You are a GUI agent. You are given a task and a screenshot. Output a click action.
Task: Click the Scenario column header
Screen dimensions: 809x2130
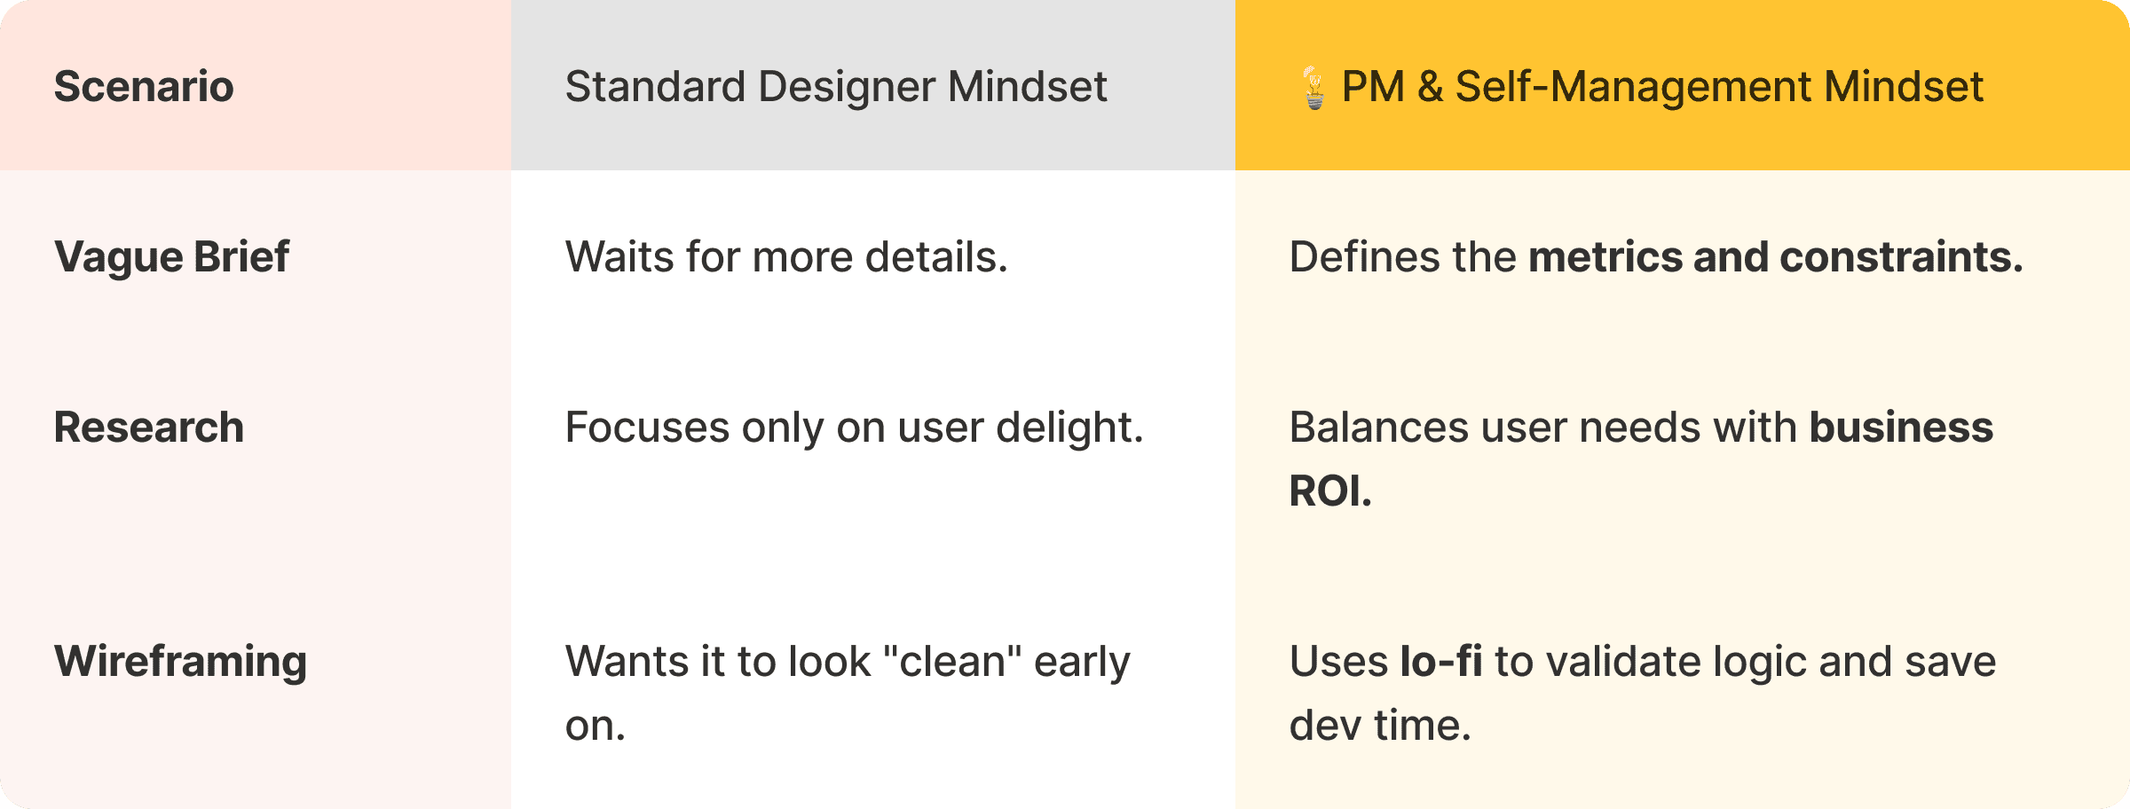pos(144,87)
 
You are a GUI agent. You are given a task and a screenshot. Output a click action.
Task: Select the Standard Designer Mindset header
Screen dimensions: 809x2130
pos(835,87)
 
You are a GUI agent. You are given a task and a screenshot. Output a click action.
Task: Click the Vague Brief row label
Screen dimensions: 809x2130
pos(171,257)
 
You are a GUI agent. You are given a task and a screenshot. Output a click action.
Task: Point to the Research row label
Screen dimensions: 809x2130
pos(148,428)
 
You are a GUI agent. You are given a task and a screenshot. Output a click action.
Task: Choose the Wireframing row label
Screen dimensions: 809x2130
pos(180,662)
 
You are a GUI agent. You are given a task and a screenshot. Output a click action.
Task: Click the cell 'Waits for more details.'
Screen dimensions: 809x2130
pos(786,257)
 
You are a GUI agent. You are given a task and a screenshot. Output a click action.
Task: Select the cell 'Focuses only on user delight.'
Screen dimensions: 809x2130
pos(854,428)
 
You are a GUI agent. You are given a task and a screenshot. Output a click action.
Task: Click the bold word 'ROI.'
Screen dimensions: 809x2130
pos(1329,491)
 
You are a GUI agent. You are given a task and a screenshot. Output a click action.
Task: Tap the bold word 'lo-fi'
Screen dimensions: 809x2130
pos(1440,662)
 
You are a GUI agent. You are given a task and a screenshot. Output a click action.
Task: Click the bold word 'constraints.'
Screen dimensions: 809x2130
pos(1901,257)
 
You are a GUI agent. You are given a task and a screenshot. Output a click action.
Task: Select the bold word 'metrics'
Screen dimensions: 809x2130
pos(1605,257)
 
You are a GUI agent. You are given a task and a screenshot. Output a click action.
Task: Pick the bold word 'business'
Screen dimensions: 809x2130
pos(1901,428)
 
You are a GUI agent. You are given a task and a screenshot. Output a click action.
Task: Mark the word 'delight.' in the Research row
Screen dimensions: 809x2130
pos(1069,428)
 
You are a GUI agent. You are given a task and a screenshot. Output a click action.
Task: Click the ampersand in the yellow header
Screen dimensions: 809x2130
pos(1430,87)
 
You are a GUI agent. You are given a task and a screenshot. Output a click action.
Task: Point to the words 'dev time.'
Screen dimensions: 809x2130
pos(1380,726)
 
